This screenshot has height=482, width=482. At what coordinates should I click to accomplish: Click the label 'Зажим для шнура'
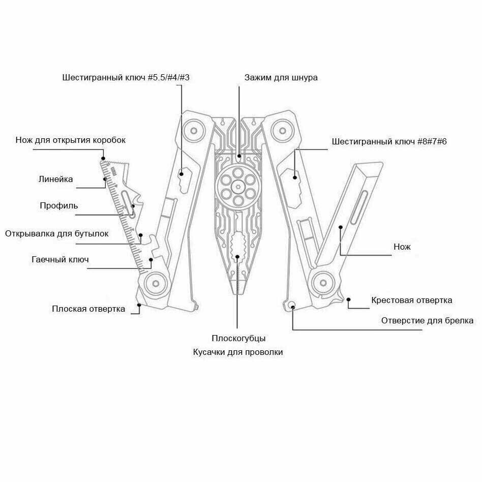click(281, 78)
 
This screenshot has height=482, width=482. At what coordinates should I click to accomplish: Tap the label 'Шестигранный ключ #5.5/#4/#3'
click(126, 78)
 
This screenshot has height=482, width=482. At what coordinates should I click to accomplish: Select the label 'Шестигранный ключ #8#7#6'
click(389, 141)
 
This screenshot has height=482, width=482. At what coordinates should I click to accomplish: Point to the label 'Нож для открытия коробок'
click(70, 140)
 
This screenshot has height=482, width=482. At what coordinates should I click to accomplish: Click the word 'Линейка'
click(56, 179)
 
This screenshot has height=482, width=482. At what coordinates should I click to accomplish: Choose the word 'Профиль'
click(59, 206)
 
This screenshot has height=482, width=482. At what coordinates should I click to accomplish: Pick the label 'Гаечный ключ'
click(60, 260)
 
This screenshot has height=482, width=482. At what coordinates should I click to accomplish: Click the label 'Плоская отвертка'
click(88, 309)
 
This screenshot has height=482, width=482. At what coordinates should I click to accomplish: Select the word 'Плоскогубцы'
click(238, 338)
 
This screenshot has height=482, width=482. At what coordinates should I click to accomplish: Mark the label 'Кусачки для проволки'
click(238, 352)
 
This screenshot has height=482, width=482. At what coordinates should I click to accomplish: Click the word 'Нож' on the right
click(402, 247)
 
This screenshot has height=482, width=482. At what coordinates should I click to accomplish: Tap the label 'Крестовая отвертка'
click(411, 300)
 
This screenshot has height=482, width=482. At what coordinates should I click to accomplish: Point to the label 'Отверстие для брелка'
click(427, 320)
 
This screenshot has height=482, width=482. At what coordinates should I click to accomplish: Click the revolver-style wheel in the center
click(237, 187)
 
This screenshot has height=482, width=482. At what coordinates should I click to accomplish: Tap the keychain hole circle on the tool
click(291, 305)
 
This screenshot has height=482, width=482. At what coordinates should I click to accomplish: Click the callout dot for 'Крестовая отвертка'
click(349, 299)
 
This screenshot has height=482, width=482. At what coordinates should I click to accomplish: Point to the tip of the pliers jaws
click(237, 292)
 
